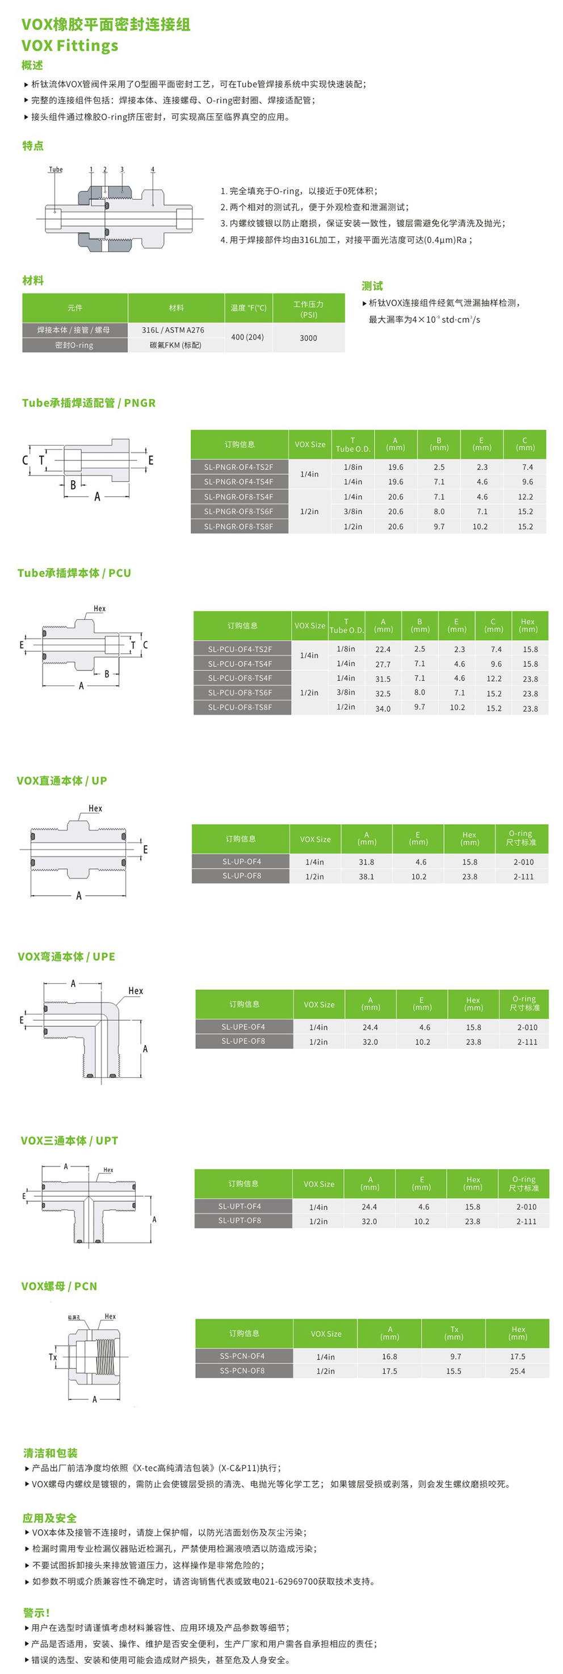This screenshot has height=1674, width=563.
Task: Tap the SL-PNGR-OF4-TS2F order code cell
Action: pos(239,467)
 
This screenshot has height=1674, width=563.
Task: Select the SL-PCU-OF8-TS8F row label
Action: pos(240,707)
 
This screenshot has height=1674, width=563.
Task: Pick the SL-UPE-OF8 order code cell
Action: pos(243,1041)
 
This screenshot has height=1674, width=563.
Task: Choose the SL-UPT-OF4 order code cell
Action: pos(240,1206)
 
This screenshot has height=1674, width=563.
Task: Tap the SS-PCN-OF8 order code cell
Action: pos(242,1370)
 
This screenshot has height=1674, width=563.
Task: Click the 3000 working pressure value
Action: pos(308,338)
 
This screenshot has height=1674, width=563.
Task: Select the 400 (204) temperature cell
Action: pos(247,337)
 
